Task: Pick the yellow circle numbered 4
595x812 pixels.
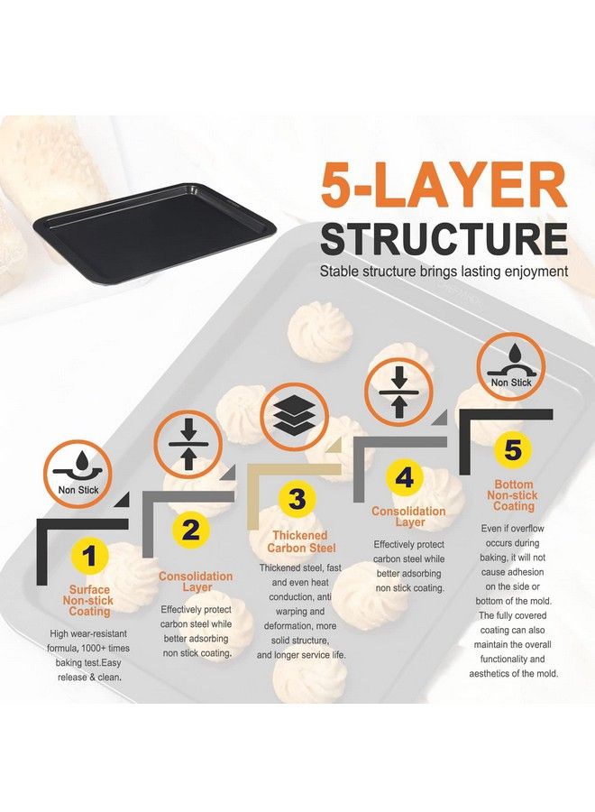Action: coord(405,477)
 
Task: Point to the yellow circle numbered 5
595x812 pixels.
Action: coord(512,448)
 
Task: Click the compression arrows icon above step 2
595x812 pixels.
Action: coord(188,444)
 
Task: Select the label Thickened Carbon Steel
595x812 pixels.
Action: coord(301,542)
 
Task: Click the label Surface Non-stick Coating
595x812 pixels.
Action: coord(89,601)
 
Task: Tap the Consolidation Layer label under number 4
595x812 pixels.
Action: coord(408,517)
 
